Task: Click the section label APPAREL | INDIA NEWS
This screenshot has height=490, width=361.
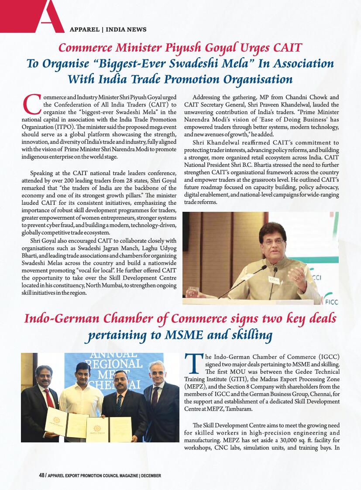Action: point(108,30)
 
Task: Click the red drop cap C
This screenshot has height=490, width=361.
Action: point(31,105)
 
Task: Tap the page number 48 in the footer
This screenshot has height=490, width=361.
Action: point(41,475)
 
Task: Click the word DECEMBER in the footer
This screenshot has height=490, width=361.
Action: point(151,475)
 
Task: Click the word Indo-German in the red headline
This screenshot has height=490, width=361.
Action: point(60,318)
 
